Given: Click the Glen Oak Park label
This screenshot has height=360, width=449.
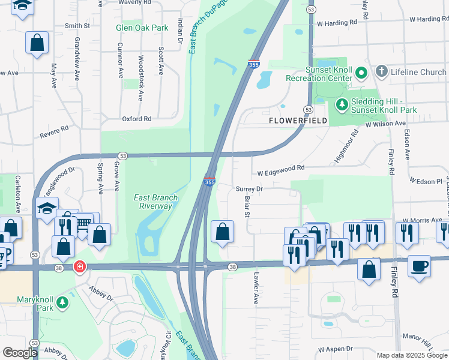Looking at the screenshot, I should (142, 28).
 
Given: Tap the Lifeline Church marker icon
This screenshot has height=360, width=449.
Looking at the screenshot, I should (381, 72).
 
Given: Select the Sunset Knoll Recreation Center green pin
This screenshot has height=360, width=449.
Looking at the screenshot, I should (361, 73).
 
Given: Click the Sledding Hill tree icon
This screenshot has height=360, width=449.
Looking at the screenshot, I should (342, 105).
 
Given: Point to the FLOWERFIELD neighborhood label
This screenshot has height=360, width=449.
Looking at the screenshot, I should (298, 121).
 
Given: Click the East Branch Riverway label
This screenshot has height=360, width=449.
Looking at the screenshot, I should (152, 202).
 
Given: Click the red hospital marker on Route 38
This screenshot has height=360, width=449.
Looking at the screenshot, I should (79, 266).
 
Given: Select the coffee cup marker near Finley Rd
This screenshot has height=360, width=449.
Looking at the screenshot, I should (419, 265).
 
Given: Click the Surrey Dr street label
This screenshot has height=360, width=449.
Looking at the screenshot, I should (250, 189).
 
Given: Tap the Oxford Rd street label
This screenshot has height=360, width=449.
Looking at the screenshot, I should (137, 119).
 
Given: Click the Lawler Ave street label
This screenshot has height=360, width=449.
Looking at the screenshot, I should (255, 290).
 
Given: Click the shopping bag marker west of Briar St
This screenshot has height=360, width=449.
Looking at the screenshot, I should (222, 232).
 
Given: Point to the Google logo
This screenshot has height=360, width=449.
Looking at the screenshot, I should (20, 353).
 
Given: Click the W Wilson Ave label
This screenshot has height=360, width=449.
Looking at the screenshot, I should (386, 123).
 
